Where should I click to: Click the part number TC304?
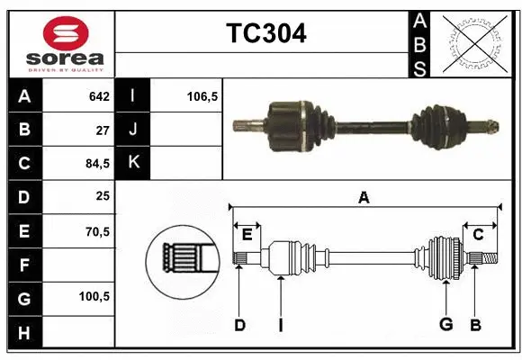point(265,33)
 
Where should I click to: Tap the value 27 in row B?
point(102,130)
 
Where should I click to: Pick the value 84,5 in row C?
point(95,164)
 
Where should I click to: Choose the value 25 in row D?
point(102,197)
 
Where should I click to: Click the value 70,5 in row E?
point(95,231)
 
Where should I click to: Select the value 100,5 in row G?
point(94,296)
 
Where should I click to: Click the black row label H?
point(23,332)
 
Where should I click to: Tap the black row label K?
point(133,164)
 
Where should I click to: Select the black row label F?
point(23,265)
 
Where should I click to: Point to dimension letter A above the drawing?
point(364,197)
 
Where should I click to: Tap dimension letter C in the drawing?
point(479,234)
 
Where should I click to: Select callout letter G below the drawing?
point(445,324)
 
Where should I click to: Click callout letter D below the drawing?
point(239,324)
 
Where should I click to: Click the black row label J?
point(133,130)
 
